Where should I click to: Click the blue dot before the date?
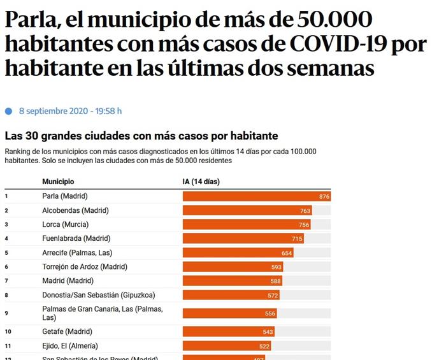[x=8, y=111]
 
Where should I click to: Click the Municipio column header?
[x=58, y=182]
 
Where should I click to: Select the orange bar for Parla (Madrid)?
[x=255, y=196]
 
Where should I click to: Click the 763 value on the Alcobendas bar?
[x=305, y=210]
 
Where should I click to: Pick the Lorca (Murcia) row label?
[x=65, y=224]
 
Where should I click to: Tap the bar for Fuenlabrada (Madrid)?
[x=242, y=238]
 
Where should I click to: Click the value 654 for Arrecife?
[x=287, y=253]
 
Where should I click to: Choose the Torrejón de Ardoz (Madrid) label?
[x=85, y=266]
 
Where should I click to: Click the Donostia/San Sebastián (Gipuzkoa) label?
[x=98, y=295]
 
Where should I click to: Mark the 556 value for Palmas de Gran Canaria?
[x=270, y=313]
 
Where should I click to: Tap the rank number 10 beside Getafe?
[x=8, y=331]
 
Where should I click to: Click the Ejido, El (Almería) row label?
[x=70, y=345]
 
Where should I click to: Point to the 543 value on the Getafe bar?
[x=268, y=332]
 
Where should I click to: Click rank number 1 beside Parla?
[x=6, y=196]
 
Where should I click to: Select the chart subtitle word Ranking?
[x=17, y=151]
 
